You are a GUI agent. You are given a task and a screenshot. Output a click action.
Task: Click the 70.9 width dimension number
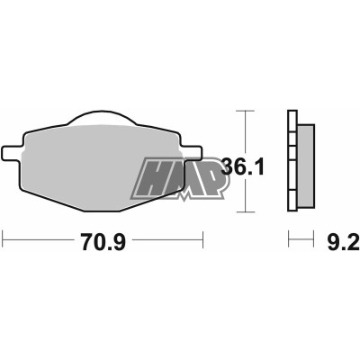coord(103,242)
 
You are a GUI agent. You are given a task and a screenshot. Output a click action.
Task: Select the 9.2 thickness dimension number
coord(343,242)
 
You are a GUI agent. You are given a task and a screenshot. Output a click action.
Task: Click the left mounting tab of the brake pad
coord(12,154)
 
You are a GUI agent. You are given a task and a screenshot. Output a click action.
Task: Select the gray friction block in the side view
coord(306,166)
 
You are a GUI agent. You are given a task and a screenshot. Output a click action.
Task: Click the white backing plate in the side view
coord(292,161)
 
